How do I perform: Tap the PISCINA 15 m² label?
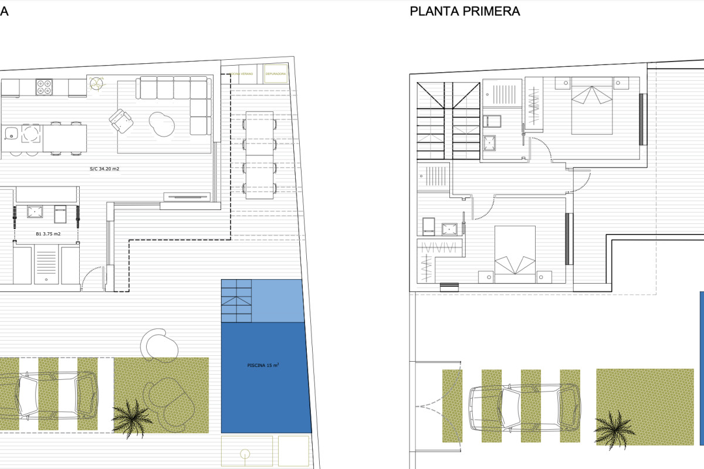coord(262,365)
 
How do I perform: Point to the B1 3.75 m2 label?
coord(48,233)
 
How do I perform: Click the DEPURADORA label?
coord(276,74)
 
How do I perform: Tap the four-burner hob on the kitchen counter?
coord(44,87)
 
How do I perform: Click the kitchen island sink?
coord(10,134)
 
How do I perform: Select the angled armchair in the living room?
coord(121,121)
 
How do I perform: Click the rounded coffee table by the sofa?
coord(162,123)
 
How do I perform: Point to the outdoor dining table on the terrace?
coord(259,154)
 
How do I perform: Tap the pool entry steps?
coord(236,301)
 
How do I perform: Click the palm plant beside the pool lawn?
coord(132,417)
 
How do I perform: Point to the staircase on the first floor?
coord(449,120)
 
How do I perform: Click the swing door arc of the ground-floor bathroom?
coord(91,279)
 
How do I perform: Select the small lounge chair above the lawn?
coord(158,343)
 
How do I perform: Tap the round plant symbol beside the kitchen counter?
coord(95,83)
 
